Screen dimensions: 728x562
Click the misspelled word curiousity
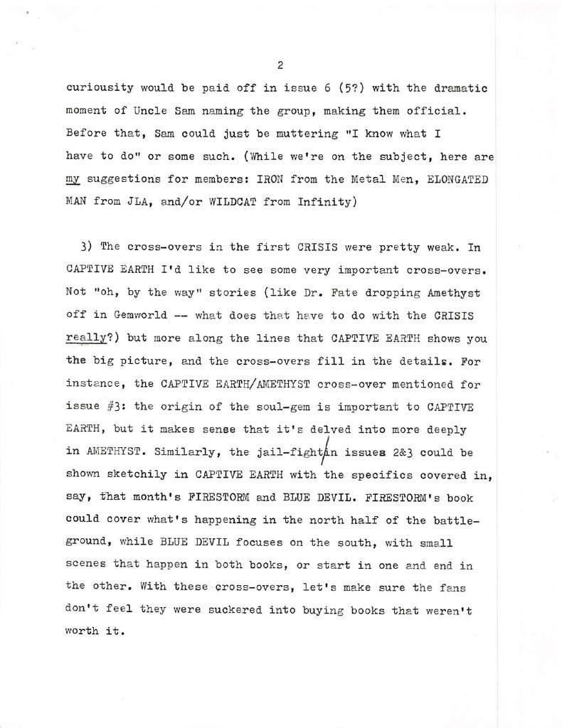click(x=100, y=88)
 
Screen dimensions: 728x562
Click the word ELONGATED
click(x=458, y=179)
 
